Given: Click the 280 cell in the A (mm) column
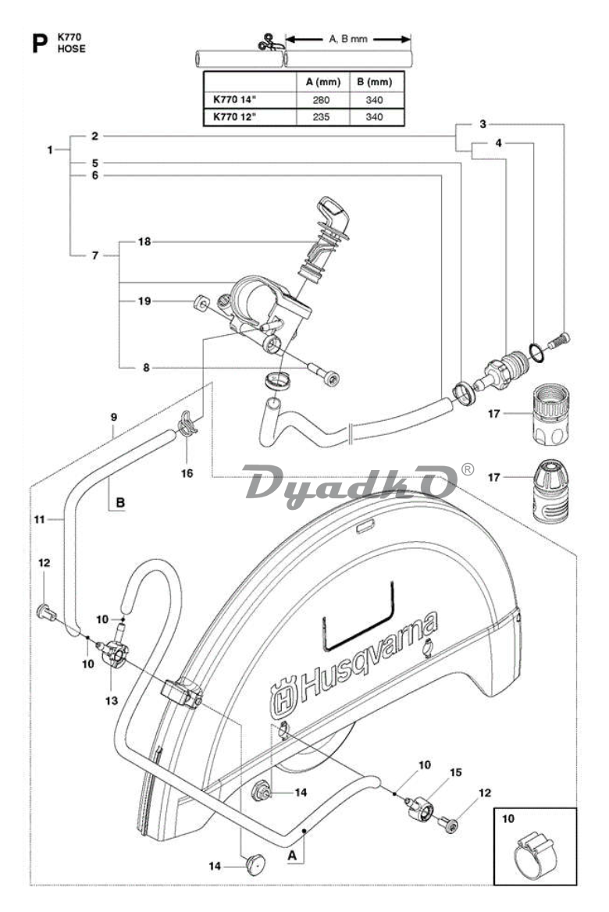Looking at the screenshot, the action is click(320, 100).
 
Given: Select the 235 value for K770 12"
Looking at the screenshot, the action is click(320, 117).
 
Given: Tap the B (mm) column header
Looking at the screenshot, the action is click(374, 82).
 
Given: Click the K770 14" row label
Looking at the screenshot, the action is click(234, 99).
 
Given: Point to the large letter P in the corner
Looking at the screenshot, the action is click(40, 45).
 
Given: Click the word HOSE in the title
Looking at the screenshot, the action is click(71, 49).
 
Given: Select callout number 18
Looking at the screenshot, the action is click(144, 241).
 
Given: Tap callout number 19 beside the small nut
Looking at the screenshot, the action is click(144, 301).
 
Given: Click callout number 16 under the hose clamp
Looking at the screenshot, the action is click(187, 473).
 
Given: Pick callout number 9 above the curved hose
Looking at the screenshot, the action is click(114, 417).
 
